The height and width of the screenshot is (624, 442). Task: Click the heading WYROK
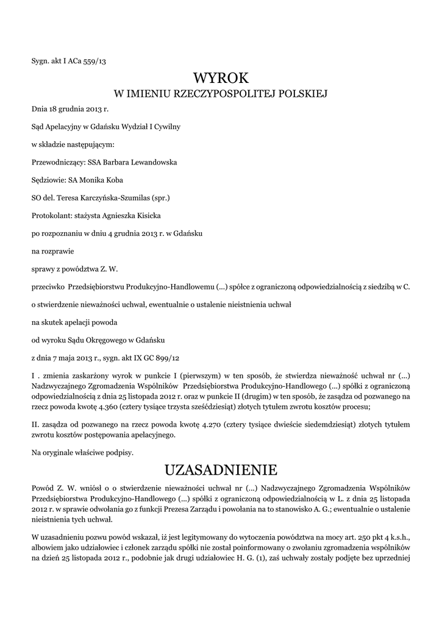221,78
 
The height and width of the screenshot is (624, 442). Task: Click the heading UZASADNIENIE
221,470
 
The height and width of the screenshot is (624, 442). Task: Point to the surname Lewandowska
151,163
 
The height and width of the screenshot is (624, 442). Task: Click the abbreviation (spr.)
160,198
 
